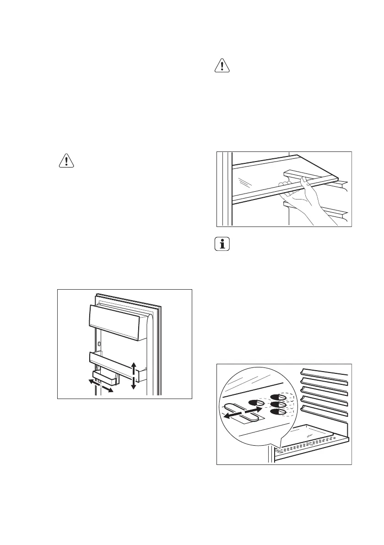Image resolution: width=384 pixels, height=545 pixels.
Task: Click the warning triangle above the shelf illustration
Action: click(222, 66)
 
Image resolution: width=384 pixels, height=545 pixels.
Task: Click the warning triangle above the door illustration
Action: click(67, 161)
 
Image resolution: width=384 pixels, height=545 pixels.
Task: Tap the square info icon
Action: click(222, 244)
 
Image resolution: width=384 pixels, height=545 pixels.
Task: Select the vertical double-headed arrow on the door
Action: click(133, 375)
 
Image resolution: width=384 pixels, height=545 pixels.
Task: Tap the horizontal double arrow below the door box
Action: click(100, 385)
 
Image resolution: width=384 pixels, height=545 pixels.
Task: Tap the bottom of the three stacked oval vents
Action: click(275, 413)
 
